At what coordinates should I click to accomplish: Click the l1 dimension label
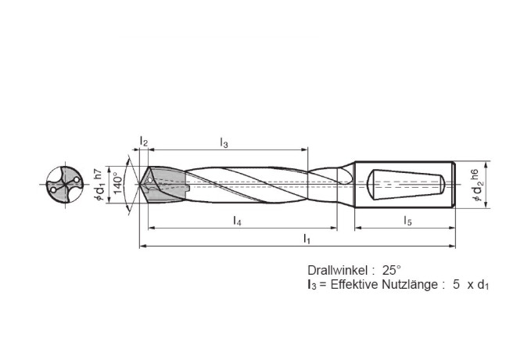(307, 239)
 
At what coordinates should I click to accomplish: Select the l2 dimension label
(144, 141)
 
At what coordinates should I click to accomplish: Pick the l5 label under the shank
(407, 222)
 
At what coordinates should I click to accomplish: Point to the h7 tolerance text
(97, 174)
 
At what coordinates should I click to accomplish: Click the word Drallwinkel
(337, 268)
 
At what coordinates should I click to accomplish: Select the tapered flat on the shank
(407, 185)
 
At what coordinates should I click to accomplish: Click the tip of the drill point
(139, 185)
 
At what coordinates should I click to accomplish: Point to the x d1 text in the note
(478, 286)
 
